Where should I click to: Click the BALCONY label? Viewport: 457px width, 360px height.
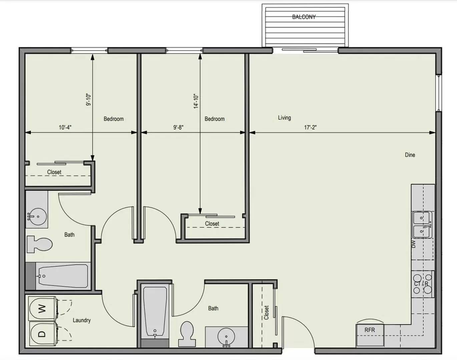(304, 17)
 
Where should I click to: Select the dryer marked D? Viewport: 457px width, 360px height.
(42, 334)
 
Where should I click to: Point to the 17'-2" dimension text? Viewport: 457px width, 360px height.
(310, 127)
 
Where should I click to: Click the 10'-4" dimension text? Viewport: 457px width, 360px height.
(65, 127)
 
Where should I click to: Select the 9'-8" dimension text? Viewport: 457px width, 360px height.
(178, 127)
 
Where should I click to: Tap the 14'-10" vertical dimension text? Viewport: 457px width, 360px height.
(196, 101)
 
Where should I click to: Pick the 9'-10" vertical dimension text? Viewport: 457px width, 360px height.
(88, 100)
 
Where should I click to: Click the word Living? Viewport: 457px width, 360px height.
(284, 118)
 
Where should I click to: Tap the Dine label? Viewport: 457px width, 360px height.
(410, 155)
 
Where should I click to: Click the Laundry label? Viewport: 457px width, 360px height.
(82, 320)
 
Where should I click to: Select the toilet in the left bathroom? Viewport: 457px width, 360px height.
(39, 244)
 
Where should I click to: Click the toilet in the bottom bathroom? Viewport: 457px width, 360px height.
(187, 334)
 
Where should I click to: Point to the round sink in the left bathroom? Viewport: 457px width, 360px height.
(38, 217)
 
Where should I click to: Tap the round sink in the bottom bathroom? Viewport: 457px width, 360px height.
(226, 336)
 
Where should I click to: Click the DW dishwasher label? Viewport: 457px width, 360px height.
(413, 244)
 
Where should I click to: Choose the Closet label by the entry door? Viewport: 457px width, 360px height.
(266, 313)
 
